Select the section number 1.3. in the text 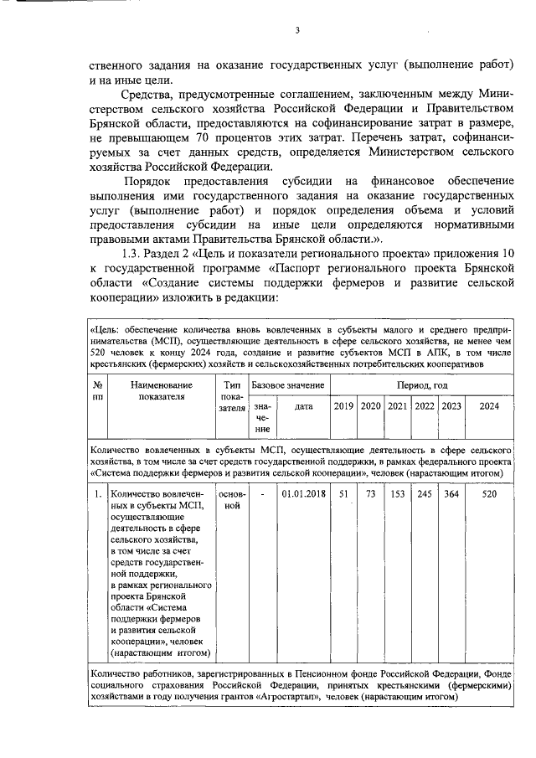[137, 254]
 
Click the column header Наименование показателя [162, 390]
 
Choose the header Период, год [422, 384]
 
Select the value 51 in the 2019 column [343, 494]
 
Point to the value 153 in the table [397, 494]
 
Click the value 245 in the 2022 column [424, 494]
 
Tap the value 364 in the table [451, 494]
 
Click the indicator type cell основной [232, 500]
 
